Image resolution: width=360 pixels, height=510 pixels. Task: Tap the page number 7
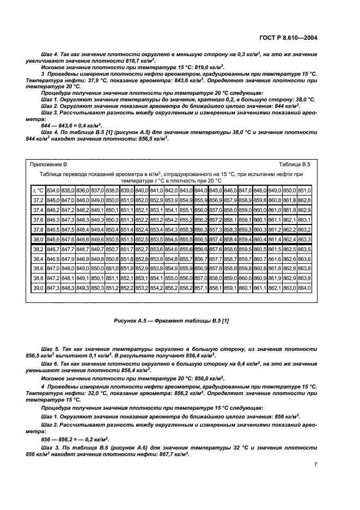316,464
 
